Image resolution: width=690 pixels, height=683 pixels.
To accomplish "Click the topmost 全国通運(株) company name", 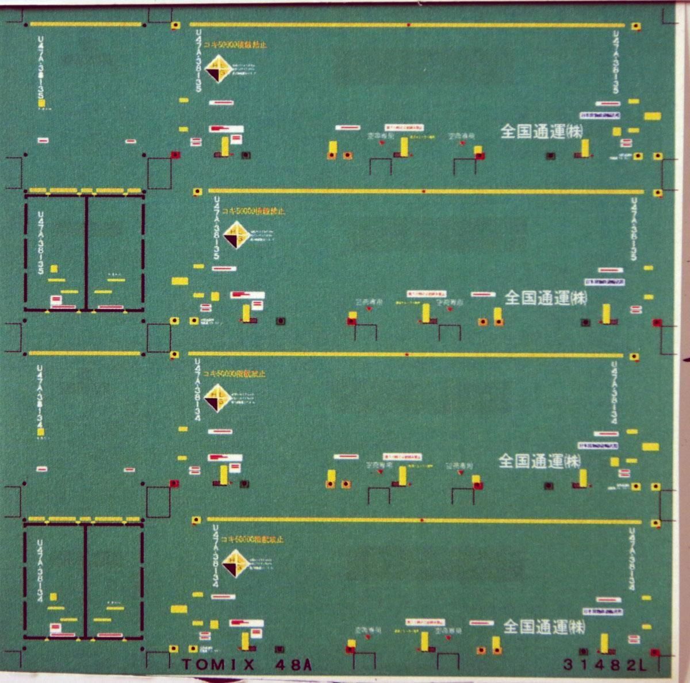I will click(x=542, y=132).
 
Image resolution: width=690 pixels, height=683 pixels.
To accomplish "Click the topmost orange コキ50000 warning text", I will click(x=237, y=44).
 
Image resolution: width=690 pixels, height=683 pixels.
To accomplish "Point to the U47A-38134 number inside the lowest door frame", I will click(x=40, y=566).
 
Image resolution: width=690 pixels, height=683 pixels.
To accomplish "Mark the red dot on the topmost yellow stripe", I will click(x=408, y=25).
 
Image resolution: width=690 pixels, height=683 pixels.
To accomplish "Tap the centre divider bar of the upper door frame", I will click(x=86, y=253).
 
